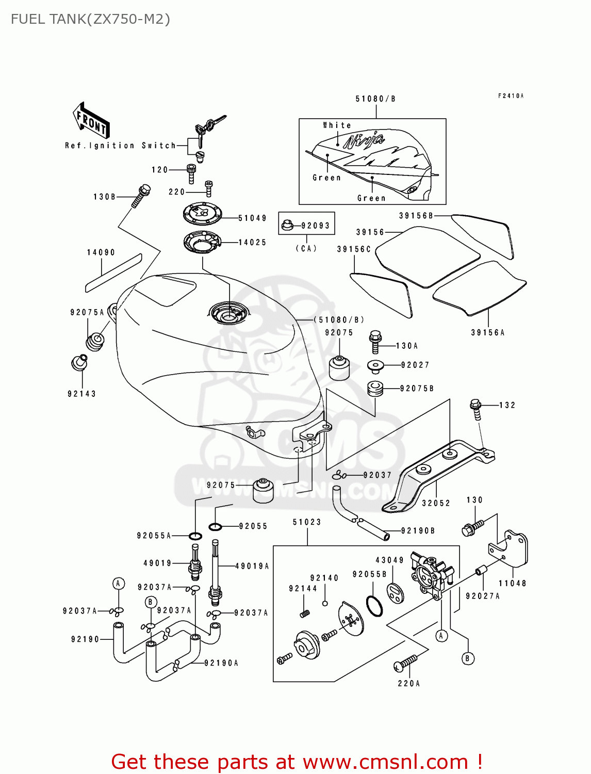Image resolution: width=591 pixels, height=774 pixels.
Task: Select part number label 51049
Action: point(252,218)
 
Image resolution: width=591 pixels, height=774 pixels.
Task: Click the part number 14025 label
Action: point(252,242)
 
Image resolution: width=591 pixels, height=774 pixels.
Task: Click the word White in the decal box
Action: point(337,125)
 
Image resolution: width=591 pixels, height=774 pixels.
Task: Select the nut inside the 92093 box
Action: point(288,225)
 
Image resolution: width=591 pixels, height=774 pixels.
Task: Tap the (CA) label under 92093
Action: point(306,248)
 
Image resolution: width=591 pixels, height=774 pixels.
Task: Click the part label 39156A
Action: point(487,333)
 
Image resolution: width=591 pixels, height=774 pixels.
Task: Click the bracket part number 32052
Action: point(436,503)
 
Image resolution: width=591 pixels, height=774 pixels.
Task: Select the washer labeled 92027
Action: point(376,366)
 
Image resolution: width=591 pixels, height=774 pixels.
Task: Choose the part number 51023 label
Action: point(307,522)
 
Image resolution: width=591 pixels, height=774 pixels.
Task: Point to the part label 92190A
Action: point(221,663)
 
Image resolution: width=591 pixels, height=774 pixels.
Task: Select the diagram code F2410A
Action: point(511,96)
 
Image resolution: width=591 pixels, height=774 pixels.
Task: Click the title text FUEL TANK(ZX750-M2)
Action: point(90,19)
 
